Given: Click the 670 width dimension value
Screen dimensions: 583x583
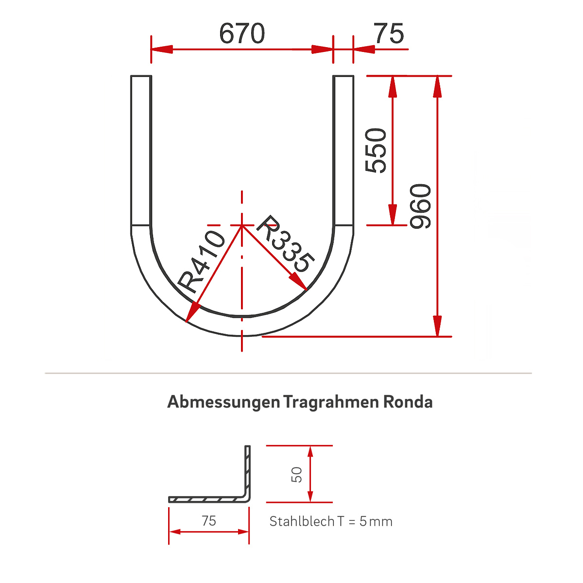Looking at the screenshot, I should point(242,34).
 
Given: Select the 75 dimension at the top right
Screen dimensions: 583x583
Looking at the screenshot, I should point(389,34).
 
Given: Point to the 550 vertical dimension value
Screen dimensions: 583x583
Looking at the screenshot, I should point(377,151).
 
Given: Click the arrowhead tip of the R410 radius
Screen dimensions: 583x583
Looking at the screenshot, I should point(187,321).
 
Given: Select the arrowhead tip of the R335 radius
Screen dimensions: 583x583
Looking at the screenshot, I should point(306,290).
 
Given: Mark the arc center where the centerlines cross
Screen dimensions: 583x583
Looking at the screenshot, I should point(242,225).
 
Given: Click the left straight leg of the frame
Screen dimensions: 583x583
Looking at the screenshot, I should point(141,151).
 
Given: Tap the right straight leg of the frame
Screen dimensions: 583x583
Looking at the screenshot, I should point(343,151).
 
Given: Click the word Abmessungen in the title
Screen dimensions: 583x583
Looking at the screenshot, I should point(223,402).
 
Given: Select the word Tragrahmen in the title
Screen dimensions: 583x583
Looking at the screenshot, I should point(331,402).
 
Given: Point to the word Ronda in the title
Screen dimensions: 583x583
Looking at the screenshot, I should point(408,402).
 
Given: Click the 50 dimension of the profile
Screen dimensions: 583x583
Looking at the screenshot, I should point(297,474).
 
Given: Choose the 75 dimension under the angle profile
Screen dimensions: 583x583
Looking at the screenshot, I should point(209,521).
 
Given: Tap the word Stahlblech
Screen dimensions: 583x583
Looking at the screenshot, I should point(302,521).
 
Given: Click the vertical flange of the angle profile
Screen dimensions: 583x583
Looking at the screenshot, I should point(247,471).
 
